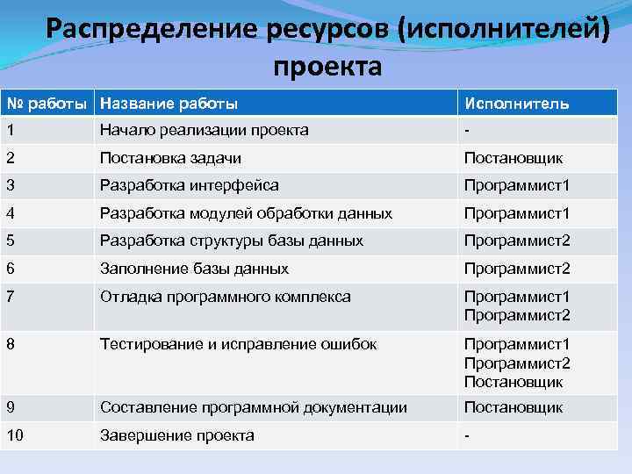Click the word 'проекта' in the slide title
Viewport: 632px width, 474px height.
coord(327,67)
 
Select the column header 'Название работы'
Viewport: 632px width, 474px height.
coord(169,104)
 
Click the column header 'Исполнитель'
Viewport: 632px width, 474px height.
coord(516,104)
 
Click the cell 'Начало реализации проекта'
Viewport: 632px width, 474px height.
coord(204,130)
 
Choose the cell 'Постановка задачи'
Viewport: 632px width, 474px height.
coord(170,158)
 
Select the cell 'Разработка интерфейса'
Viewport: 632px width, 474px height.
coord(190,185)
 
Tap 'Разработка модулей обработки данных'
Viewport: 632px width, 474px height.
coord(246,213)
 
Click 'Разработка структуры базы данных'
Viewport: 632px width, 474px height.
coord(232,241)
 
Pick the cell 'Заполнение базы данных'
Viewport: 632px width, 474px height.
coord(194,269)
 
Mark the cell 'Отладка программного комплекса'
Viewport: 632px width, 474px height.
coord(226,297)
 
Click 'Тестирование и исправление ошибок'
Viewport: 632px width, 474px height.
coord(239,344)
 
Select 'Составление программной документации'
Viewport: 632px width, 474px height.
coord(254,407)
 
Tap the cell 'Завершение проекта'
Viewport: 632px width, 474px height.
coord(177,435)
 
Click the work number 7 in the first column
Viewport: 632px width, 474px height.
coord(10,297)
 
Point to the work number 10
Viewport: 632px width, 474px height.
coord(14,435)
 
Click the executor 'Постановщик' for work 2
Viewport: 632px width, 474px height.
coord(513,158)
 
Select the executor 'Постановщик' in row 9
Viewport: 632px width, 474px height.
coord(513,407)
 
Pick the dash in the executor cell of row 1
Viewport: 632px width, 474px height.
coord(467,130)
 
